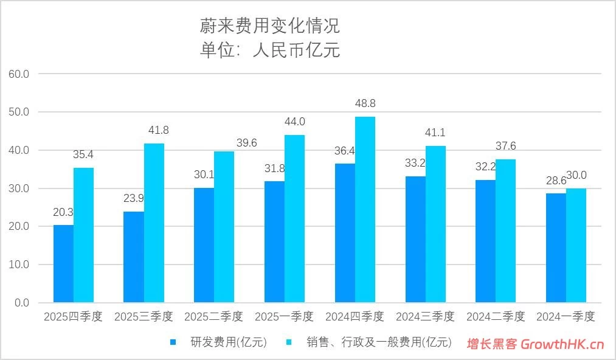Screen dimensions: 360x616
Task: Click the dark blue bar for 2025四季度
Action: tap(63, 263)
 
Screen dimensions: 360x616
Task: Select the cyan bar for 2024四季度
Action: tap(365, 209)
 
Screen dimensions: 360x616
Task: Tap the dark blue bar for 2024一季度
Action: tap(556, 247)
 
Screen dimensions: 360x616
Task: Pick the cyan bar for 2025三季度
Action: tap(154, 223)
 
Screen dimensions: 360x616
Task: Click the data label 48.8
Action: tap(365, 104)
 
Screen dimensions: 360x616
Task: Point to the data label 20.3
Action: tap(63, 212)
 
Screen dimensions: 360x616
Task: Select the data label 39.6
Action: tap(246, 143)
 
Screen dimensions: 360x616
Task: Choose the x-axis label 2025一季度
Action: tap(284, 317)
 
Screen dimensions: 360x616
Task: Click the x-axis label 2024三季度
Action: tap(425, 317)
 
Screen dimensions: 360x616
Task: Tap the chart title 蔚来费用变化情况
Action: tap(269, 26)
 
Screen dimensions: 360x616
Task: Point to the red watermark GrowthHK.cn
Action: tap(535, 344)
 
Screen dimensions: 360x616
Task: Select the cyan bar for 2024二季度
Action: tap(505, 230)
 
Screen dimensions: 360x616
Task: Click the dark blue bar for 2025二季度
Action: tap(204, 245)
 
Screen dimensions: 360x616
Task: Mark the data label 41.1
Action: tap(435, 133)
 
